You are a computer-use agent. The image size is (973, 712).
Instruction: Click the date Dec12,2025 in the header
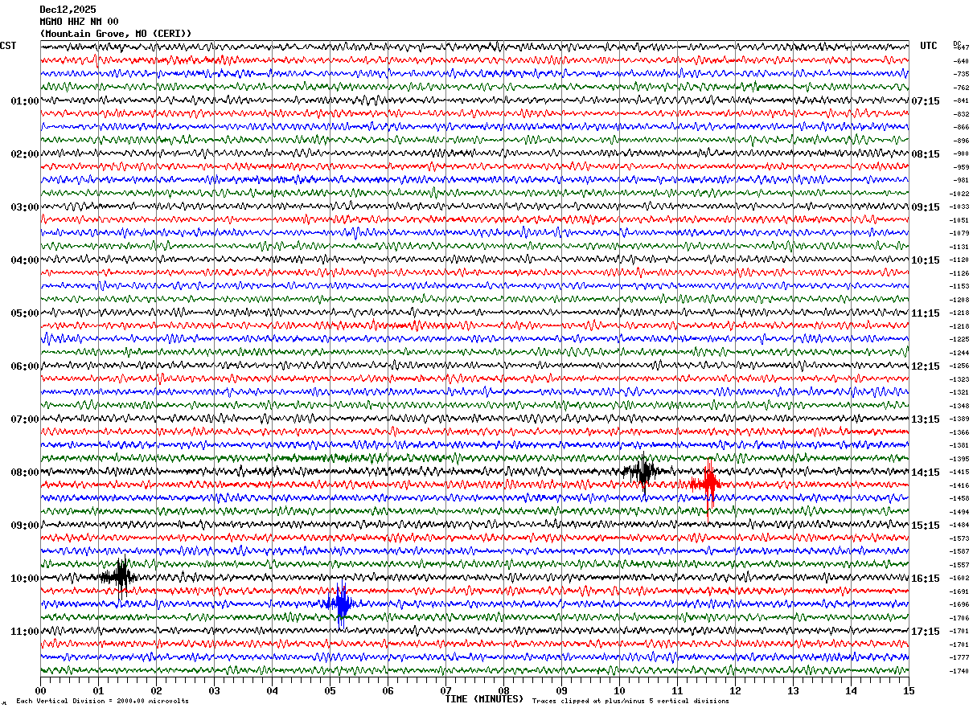click(68, 10)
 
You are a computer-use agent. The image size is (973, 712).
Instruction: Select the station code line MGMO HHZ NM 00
click(79, 22)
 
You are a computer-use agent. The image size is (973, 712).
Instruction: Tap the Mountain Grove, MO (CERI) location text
click(116, 34)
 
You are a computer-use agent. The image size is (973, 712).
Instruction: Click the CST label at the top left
click(8, 46)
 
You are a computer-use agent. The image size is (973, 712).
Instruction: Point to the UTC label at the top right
click(929, 46)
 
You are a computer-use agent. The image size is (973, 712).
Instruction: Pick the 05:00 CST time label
click(25, 313)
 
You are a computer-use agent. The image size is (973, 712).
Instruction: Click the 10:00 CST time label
click(25, 579)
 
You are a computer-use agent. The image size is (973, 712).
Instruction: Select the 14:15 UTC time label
click(926, 473)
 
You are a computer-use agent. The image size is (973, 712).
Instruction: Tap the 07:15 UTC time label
click(926, 101)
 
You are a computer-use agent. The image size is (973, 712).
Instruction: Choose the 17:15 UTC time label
click(926, 632)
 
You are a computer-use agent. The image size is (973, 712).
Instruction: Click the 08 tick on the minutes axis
click(503, 690)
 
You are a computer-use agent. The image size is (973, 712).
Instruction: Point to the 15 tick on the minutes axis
click(908, 690)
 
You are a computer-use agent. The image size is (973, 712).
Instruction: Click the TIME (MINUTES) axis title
click(484, 699)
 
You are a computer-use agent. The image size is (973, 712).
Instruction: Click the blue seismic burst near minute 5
click(341, 604)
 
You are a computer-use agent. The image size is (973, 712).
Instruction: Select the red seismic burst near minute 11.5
click(708, 483)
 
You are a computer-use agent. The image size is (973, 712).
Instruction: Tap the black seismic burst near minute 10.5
click(643, 472)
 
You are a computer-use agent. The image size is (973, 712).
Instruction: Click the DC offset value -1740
click(960, 671)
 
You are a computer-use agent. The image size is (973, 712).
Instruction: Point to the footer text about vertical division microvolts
click(102, 702)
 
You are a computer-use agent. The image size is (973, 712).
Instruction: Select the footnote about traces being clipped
click(630, 702)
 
